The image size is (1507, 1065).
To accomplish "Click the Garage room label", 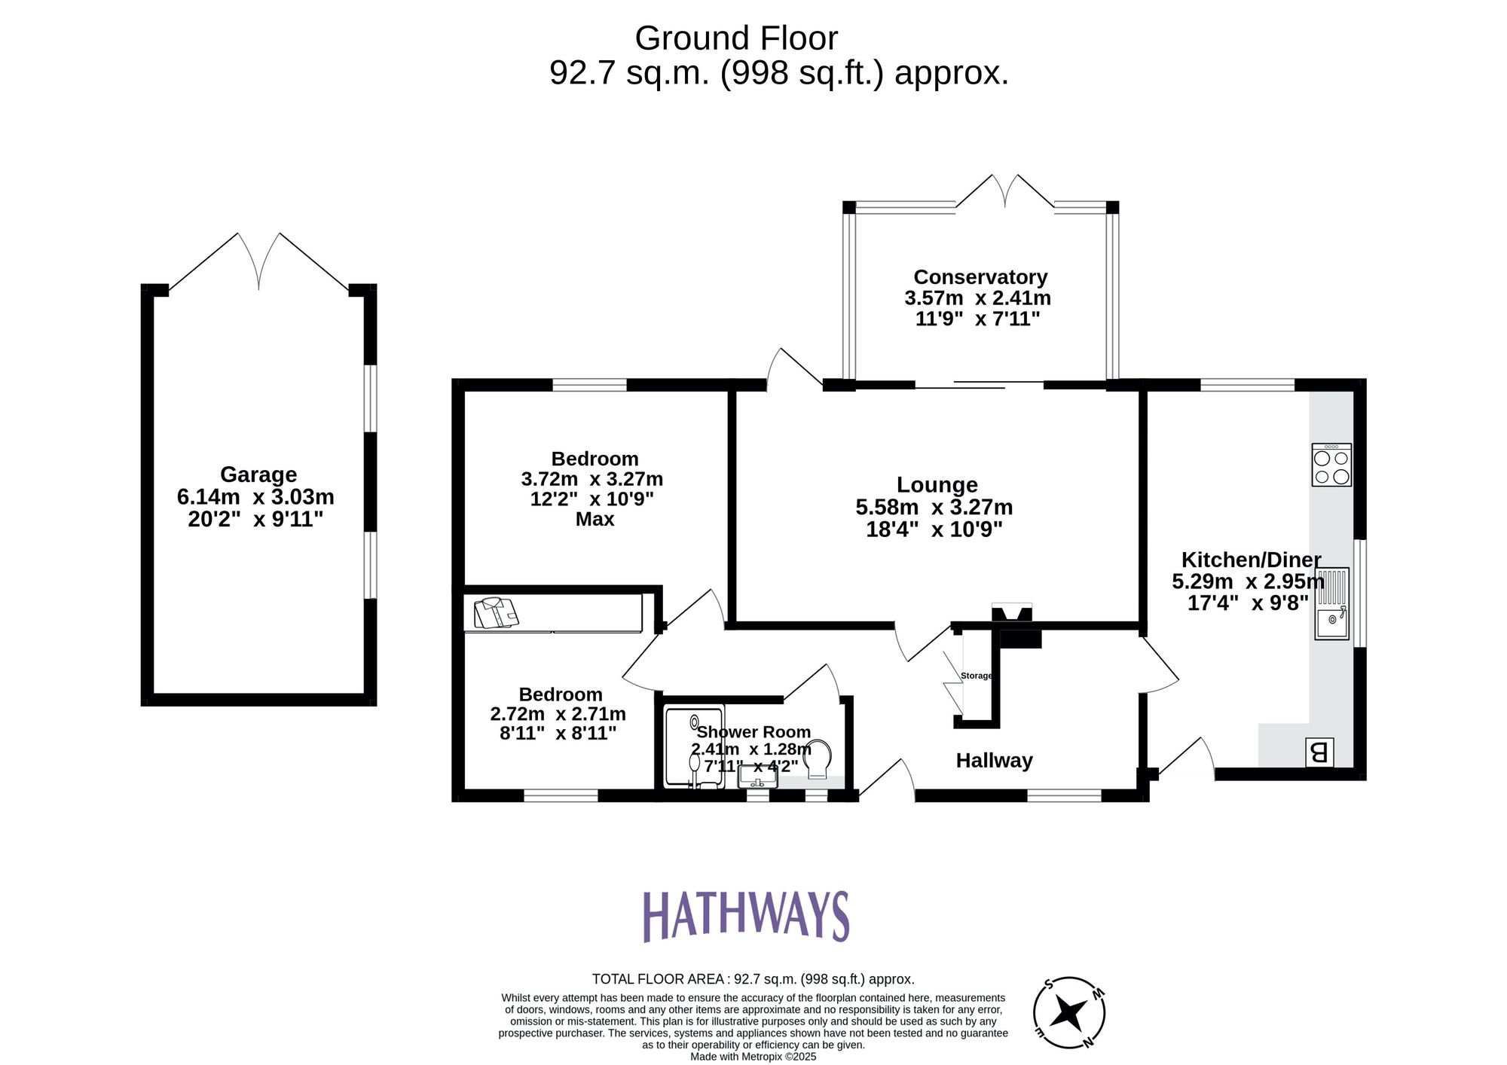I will point(258,475).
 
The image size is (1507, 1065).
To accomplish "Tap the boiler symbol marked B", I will point(1319,752).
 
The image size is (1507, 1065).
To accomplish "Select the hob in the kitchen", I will point(1331,465).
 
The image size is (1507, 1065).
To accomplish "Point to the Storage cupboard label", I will point(976,676).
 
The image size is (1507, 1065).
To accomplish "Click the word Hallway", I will point(994,761).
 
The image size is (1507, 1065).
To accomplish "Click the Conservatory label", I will point(980,277).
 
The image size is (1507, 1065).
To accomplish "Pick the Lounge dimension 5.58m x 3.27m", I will point(934,507).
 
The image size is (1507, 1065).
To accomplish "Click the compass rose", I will point(1068,1012).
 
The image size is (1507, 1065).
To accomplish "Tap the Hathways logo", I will point(745,916).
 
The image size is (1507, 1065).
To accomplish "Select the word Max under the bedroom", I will point(595,520).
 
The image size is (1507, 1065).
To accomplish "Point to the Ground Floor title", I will point(736,38).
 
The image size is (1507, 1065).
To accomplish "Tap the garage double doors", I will point(259,261).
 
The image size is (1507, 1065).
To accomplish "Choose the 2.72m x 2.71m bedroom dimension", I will point(558,714).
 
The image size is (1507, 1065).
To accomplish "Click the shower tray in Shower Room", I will point(694,746).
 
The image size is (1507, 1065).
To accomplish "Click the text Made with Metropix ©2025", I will point(753,1057).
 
